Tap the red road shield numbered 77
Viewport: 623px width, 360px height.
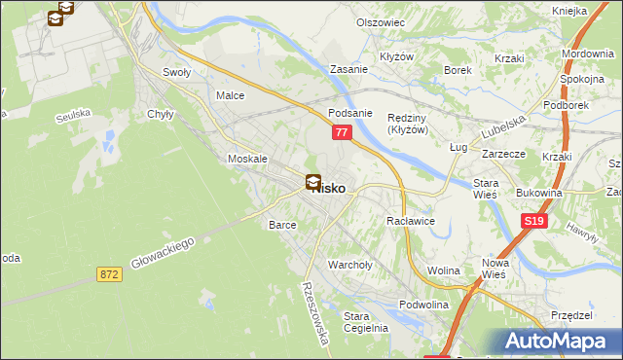341,131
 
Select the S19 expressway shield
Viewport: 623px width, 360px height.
532,222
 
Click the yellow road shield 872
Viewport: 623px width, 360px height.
109,275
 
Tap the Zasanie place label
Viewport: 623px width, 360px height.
348,70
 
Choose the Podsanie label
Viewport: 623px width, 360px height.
350,112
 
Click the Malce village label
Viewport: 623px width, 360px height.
230,96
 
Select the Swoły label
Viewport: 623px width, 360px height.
176,72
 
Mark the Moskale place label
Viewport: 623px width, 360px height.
246,159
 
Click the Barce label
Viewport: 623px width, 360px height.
281,225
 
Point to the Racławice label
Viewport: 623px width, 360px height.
410,221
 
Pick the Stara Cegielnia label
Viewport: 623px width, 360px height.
366,321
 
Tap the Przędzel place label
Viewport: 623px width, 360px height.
571,315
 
